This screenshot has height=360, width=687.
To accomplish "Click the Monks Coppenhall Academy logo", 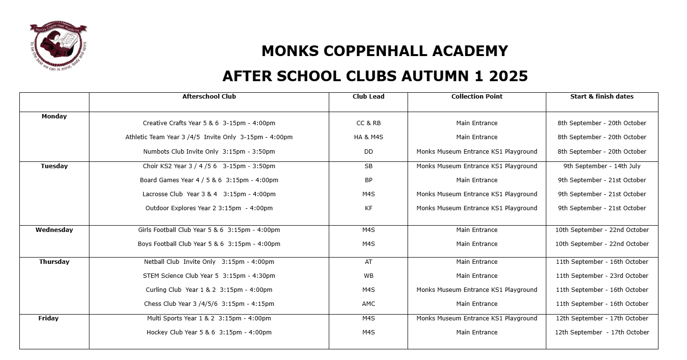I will click(58, 45).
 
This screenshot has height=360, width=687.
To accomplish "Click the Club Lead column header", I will click(368, 97).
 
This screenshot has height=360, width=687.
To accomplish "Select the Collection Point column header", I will click(477, 97).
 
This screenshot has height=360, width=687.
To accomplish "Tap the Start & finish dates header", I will click(602, 97).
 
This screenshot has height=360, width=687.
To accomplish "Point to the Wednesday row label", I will click(54, 230).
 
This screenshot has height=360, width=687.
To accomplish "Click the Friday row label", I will click(48, 318).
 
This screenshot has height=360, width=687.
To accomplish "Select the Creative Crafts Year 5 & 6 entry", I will click(209, 123).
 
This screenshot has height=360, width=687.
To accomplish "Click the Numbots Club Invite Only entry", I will click(209, 152).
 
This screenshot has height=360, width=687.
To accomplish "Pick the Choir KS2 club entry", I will click(209, 166).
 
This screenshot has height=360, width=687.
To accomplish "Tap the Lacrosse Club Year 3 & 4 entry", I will click(209, 194).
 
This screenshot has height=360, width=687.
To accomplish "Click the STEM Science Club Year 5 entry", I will click(209, 276).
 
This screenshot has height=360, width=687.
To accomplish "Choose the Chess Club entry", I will click(209, 304).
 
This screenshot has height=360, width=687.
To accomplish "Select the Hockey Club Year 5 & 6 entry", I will click(209, 332).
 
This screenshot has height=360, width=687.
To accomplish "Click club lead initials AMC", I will click(368, 304).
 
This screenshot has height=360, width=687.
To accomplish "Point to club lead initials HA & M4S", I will click(368, 137).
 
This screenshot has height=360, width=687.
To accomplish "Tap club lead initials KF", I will click(368, 208).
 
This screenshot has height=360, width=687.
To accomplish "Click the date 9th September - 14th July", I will click(602, 166).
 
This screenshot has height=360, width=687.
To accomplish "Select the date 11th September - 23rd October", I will click(602, 276).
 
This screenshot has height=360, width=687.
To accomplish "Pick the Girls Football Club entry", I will click(209, 230).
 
